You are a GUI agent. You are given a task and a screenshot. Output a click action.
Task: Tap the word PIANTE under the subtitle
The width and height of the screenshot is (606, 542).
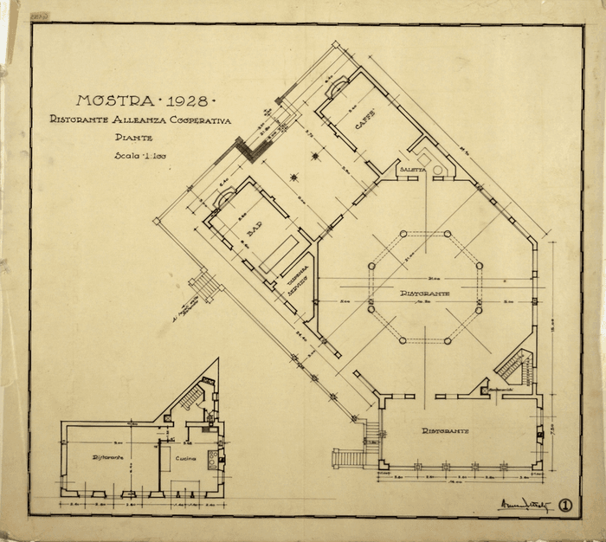[132, 138]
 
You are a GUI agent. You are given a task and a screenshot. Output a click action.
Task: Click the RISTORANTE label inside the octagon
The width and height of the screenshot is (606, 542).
[424, 294]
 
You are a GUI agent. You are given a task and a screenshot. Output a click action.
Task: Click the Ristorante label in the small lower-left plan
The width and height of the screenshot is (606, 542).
[109, 457]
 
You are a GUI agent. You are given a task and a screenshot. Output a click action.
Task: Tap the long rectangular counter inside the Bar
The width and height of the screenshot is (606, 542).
[280, 252]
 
